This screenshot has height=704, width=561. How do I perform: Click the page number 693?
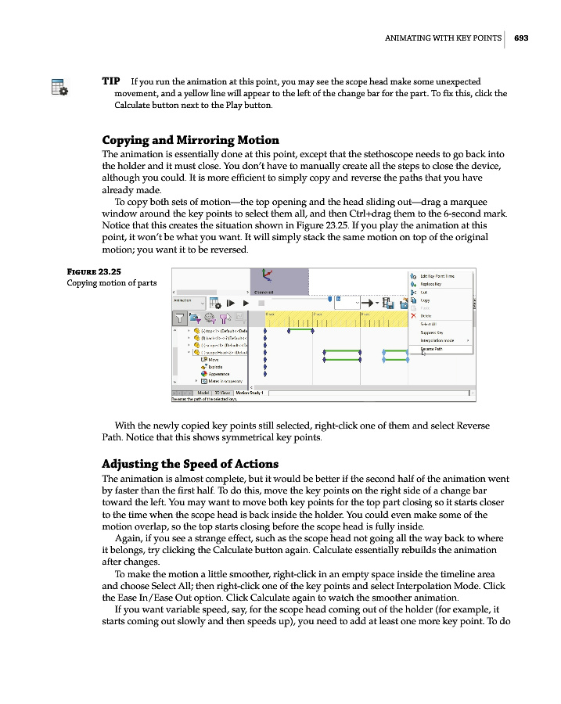click(x=522, y=38)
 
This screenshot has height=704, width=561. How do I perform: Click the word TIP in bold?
click(x=110, y=81)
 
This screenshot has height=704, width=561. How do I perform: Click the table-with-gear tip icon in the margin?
click(x=59, y=87)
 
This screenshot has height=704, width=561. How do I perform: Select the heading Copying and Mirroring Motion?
click(x=190, y=140)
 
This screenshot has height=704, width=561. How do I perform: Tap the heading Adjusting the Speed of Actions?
click(x=190, y=463)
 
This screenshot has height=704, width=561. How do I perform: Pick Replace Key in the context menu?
click(x=432, y=284)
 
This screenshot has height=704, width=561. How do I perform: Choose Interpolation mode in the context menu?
click(x=439, y=340)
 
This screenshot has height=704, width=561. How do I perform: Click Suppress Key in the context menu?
click(x=432, y=332)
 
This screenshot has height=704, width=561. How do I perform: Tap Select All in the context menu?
click(x=428, y=324)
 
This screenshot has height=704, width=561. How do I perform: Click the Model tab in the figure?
click(x=203, y=392)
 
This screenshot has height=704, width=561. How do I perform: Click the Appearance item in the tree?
click(x=220, y=374)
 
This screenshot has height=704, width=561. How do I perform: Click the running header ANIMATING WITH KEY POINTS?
click(x=443, y=38)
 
